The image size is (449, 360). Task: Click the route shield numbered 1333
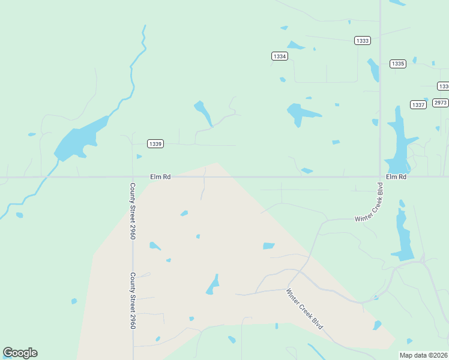tap(363, 41)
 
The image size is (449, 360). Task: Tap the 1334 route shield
tap(279, 56)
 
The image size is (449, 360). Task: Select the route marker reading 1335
tap(397, 64)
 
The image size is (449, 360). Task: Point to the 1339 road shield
tap(155, 143)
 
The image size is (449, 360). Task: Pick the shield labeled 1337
tap(418, 104)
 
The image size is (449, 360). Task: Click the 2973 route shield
tap(441, 103)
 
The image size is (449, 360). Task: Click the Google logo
tap(20, 353)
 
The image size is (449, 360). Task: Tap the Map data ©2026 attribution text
tap(424, 355)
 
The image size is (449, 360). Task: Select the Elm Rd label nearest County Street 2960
tap(160, 177)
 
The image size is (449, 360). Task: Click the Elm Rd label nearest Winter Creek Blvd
tap(396, 177)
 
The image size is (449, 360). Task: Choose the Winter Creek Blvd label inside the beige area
tap(304, 309)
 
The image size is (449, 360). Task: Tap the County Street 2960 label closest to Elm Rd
tap(133, 211)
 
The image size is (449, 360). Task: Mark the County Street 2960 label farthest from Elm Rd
tap(133, 301)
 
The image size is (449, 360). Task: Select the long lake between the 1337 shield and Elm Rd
tap(398, 141)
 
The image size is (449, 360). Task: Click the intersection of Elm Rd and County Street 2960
tap(133, 177)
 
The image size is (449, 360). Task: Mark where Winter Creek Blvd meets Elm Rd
tap(381, 177)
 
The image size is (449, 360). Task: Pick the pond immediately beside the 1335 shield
tap(373, 70)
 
